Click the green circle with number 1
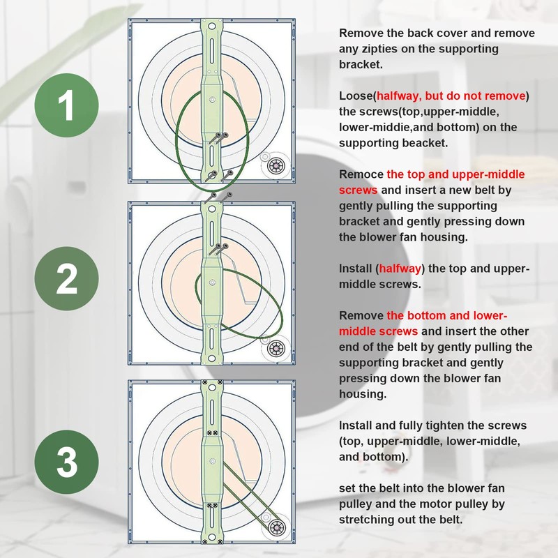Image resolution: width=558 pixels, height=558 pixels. coord(66,105)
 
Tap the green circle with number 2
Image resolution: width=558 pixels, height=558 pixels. coord(66,278)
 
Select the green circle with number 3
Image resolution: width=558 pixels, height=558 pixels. coord(66,462)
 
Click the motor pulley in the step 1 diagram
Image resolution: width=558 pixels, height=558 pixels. coord(276,166)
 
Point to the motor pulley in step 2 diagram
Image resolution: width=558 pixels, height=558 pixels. coord(276,348)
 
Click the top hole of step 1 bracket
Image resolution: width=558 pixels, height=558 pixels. coord(212,27)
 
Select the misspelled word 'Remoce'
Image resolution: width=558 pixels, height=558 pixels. coord(361,174)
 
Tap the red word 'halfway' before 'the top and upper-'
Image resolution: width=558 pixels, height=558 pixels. coord(400,269)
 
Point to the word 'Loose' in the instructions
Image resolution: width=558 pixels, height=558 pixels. coord(356,96)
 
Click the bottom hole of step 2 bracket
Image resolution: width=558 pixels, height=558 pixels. coord(212,358)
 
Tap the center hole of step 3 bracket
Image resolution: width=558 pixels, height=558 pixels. coord(213,462)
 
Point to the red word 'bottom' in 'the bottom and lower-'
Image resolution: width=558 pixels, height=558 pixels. coord(426,316)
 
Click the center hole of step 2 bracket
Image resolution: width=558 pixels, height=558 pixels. coord(213,282)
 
